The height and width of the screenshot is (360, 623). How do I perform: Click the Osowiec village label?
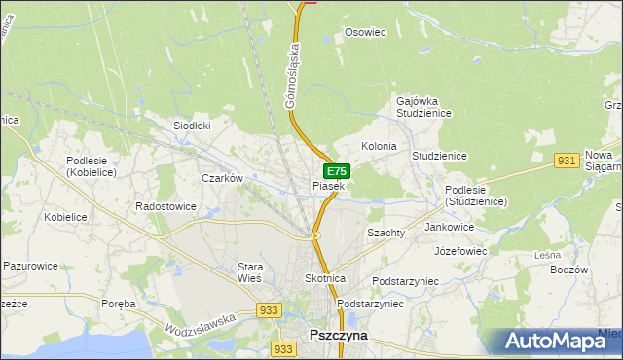click(x=366, y=32)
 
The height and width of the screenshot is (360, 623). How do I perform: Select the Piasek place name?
click(x=328, y=186)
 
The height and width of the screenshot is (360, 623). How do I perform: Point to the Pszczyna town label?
click(x=338, y=334)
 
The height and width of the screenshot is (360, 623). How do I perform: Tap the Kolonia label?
click(x=379, y=146)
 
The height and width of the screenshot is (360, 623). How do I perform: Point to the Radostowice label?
click(x=165, y=206)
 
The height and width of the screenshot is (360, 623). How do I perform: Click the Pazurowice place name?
click(x=31, y=265)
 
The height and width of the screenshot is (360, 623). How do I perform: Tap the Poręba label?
click(x=118, y=304)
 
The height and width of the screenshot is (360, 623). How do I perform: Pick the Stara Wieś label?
click(x=251, y=271)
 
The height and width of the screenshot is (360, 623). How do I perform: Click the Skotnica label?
click(x=325, y=278)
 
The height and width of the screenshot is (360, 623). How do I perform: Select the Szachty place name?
click(x=385, y=234)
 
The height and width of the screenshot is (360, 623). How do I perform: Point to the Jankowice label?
click(x=450, y=227)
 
